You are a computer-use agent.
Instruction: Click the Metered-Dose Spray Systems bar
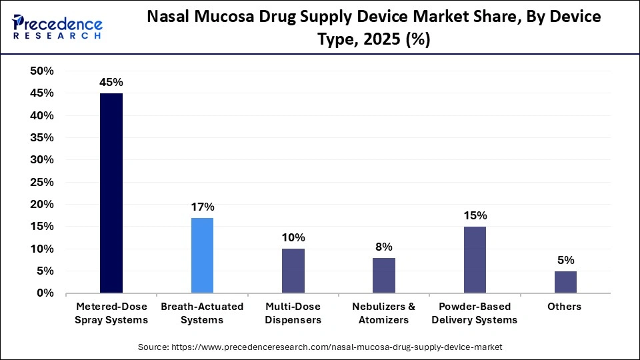pyautogui.click(x=111, y=193)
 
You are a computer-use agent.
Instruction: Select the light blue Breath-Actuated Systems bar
pyautogui.click(x=202, y=255)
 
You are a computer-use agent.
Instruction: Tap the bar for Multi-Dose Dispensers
pyautogui.click(x=293, y=271)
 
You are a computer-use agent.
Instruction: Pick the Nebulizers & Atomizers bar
pyautogui.click(x=384, y=275)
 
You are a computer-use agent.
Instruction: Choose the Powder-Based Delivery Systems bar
pyautogui.click(x=475, y=260)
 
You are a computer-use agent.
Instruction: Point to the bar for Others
pyautogui.click(x=565, y=282)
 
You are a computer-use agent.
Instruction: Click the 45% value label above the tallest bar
pyautogui.click(x=111, y=83)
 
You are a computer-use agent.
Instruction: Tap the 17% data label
pyautogui.click(x=203, y=207)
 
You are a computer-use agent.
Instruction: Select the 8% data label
pyautogui.click(x=384, y=247)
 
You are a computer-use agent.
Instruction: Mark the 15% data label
pyautogui.click(x=475, y=216)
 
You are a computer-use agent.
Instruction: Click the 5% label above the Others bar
pyautogui.click(x=566, y=261)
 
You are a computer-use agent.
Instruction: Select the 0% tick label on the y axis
pyautogui.click(x=45, y=293)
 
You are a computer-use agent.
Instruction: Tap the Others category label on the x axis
pyautogui.click(x=565, y=307)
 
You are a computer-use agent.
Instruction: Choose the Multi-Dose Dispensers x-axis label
pyautogui.click(x=293, y=313)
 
